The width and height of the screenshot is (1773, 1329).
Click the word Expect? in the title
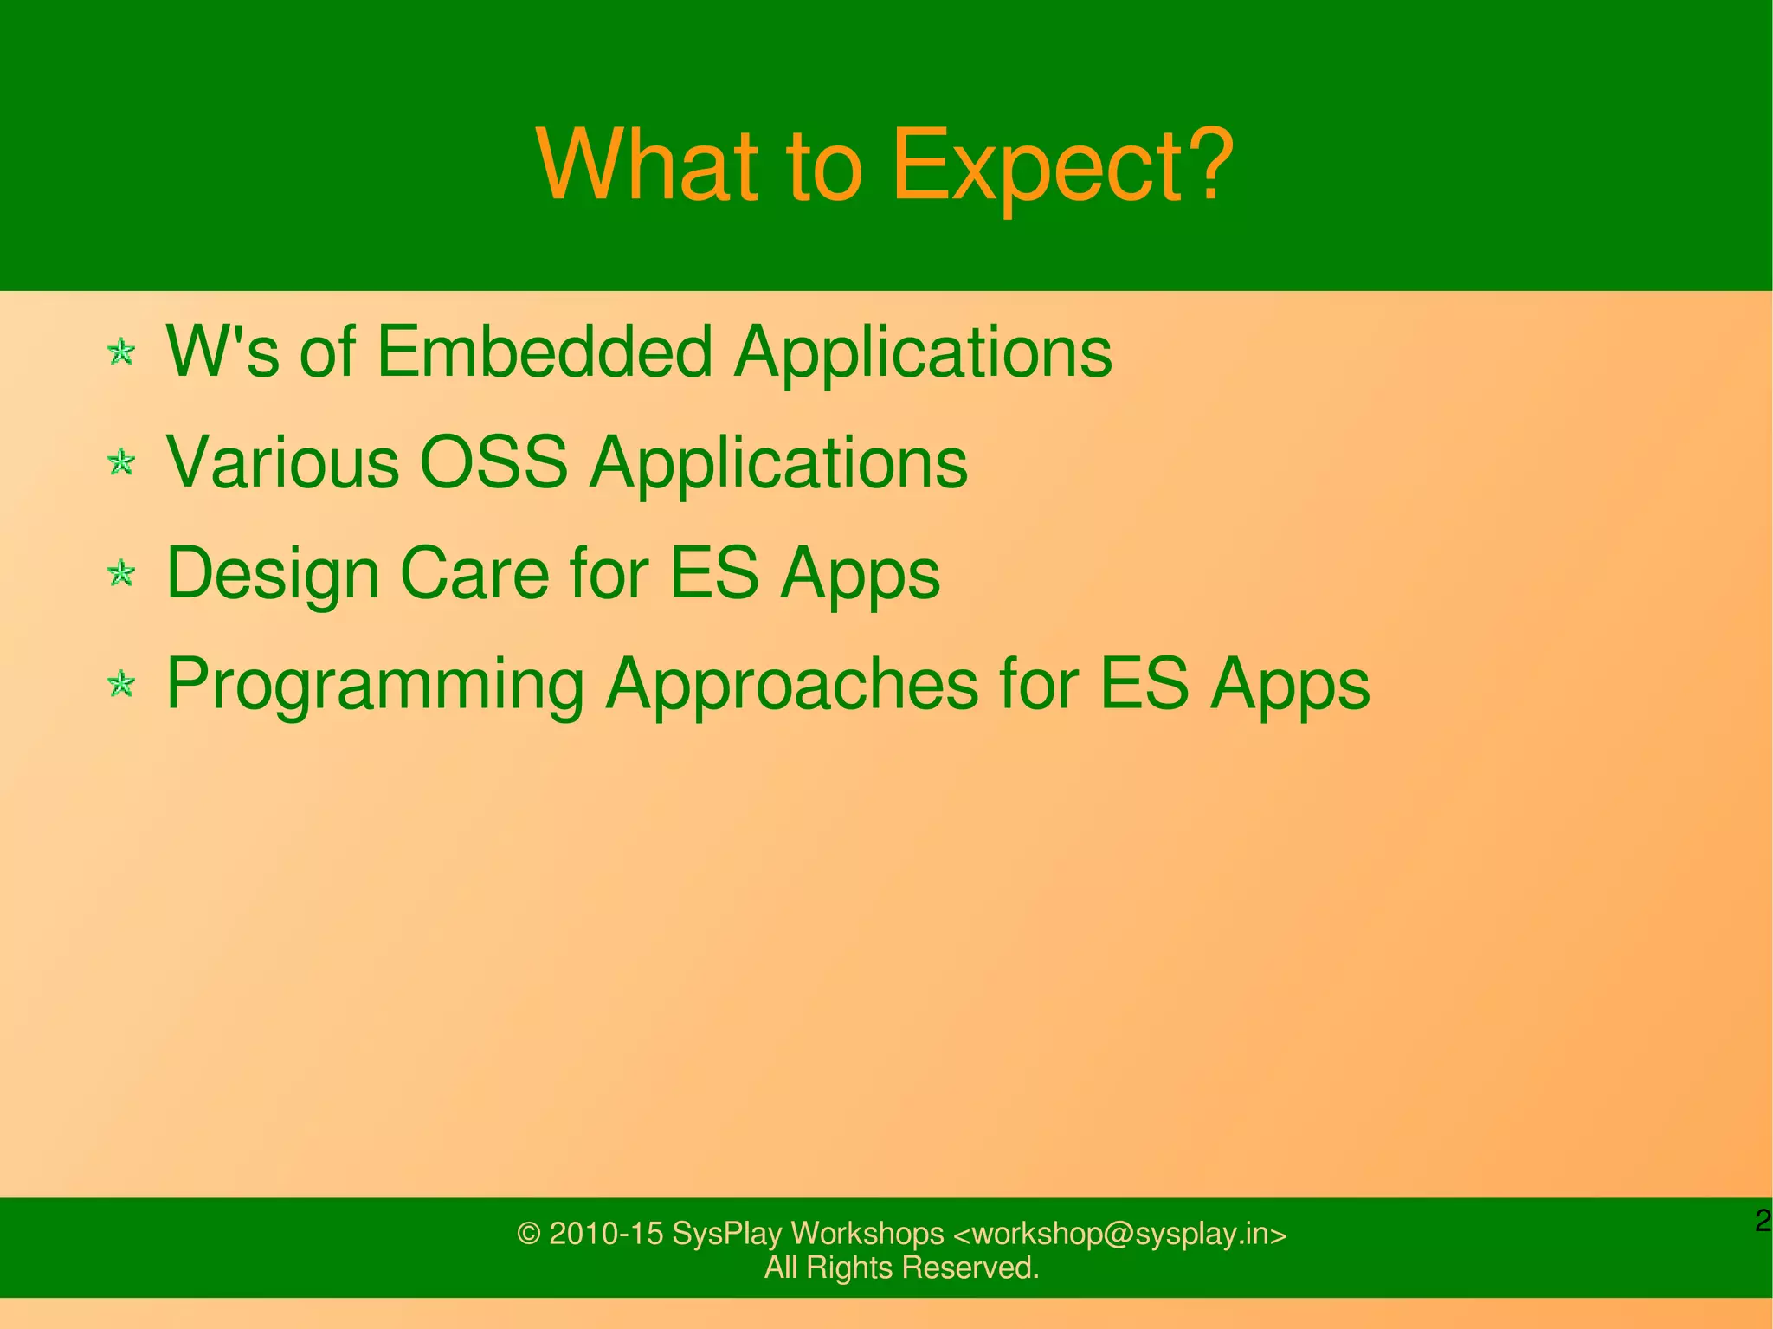tap(1061, 166)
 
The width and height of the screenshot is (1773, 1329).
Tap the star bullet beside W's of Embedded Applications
tap(121, 352)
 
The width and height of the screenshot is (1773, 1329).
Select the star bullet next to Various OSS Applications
tap(121, 462)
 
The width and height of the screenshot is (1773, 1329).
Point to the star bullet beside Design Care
tap(121, 573)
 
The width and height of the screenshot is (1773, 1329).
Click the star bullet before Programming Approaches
tap(121, 684)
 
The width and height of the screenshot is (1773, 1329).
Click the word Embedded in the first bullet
tap(545, 352)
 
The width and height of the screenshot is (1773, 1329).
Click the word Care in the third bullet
tap(474, 573)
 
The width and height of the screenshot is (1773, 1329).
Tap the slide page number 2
tap(1763, 1222)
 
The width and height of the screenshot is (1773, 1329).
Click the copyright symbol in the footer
tap(529, 1234)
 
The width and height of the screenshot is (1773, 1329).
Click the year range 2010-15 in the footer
tap(606, 1234)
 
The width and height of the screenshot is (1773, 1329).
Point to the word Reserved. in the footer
tap(970, 1268)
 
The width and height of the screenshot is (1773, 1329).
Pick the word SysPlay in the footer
tap(726, 1234)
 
